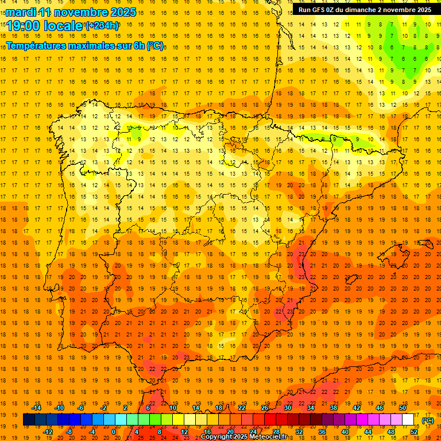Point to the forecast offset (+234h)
[x=102, y=25]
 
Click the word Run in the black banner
[x=304, y=10]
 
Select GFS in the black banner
[x=320, y=10]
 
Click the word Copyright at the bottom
[x=217, y=437]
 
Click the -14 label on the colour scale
[x=37, y=408]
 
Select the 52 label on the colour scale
[x=414, y=432]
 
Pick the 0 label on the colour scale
[x=114, y=432]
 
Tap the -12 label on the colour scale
[x=48, y=432]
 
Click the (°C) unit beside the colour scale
[x=428, y=420]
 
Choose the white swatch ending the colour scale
[x=408, y=420]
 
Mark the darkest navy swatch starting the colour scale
[x=29, y=420]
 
